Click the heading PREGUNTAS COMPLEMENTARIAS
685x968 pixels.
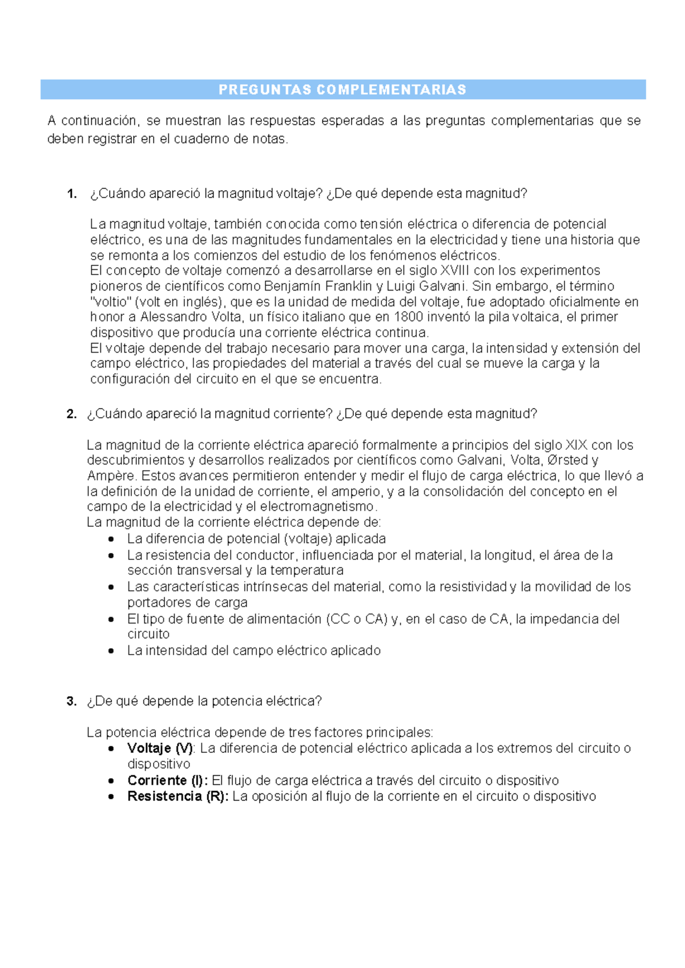(x=342, y=90)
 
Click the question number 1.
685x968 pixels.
(x=71, y=194)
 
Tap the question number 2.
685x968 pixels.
(x=71, y=414)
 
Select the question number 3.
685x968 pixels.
(x=71, y=701)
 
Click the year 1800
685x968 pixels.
(x=409, y=317)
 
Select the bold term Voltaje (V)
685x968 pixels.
(x=160, y=748)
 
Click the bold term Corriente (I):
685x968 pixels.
(x=167, y=781)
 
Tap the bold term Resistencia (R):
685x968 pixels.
(x=178, y=797)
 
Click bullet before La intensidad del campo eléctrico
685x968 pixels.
(x=111, y=651)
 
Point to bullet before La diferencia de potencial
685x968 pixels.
(x=111, y=539)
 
